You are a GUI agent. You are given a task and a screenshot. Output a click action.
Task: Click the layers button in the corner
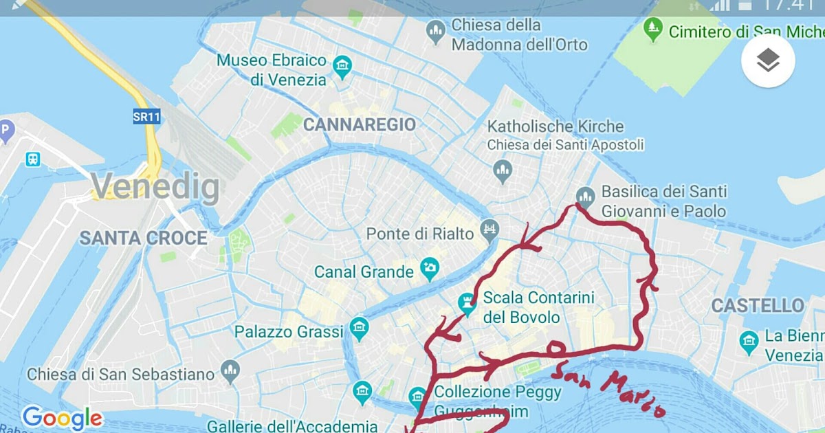tap(768, 61)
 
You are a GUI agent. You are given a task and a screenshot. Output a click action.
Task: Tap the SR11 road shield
tap(146, 117)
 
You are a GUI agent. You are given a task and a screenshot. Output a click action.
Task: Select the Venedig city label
tap(155, 186)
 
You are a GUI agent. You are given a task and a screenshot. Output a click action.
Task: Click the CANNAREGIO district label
tap(360, 124)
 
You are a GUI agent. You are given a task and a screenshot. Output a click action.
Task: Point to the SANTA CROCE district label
tap(143, 238)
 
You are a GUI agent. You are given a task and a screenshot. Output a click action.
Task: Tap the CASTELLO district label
tap(758, 306)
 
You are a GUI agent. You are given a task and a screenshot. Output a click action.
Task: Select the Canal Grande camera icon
tap(430, 269)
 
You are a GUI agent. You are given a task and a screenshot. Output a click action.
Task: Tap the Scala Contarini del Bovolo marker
tap(467, 304)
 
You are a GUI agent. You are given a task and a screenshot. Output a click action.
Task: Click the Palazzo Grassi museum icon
tap(359, 329)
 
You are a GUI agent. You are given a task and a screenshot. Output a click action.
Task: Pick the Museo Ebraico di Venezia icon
tap(342, 67)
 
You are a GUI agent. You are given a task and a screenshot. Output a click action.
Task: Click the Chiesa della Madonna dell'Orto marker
tap(434, 31)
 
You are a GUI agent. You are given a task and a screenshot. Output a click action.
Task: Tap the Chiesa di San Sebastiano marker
tap(230, 371)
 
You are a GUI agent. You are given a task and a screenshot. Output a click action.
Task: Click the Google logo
tap(62, 418)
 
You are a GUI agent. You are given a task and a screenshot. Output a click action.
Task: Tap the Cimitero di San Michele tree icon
tap(652, 30)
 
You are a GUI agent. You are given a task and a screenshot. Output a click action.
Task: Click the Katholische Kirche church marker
tap(503, 169)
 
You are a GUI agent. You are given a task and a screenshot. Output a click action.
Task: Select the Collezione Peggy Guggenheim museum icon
tap(417, 397)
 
